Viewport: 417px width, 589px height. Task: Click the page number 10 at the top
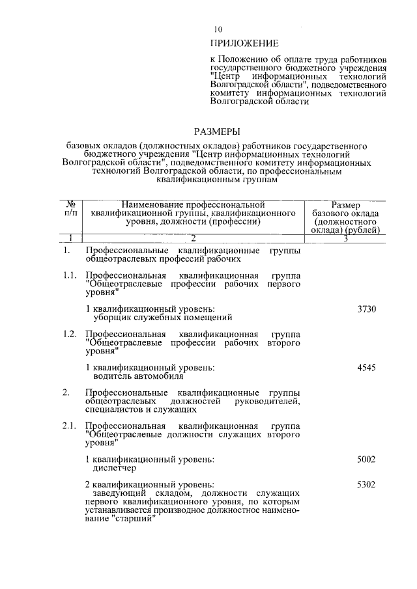tap(218, 29)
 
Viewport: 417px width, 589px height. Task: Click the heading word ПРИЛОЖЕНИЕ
tap(244, 44)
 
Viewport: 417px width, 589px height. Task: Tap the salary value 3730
tap(367, 309)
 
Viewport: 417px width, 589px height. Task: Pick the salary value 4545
tap(367, 368)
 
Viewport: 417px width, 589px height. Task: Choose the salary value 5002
tap(367, 459)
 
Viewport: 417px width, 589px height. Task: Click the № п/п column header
tap(71, 208)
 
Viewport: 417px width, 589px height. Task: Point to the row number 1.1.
tap(70, 276)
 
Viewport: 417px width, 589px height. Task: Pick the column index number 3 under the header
tap(345, 239)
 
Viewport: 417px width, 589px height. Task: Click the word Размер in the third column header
tap(346, 206)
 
